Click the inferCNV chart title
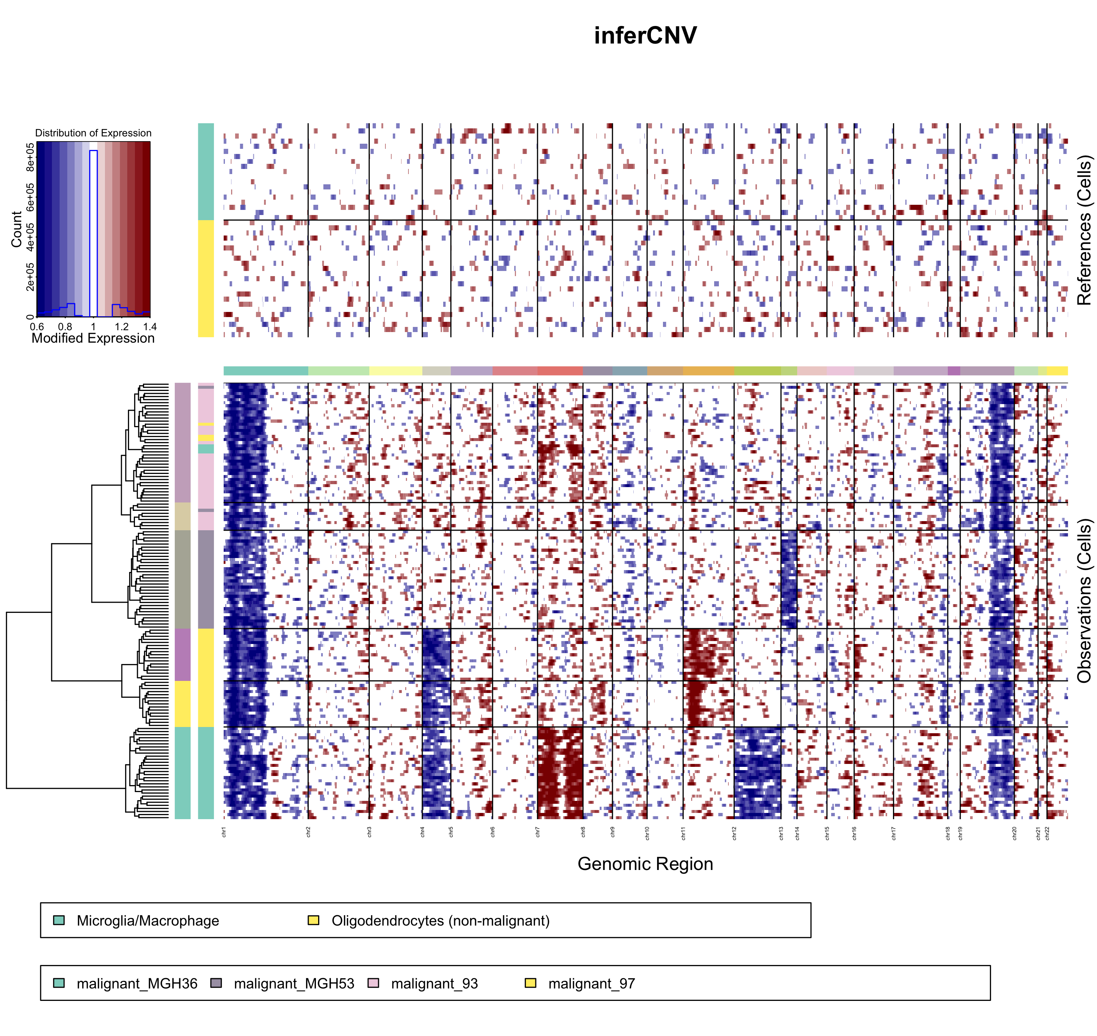[x=645, y=36]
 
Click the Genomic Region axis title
[x=645, y=864]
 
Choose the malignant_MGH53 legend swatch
[x=216, y=983]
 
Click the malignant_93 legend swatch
[x=374, y=983]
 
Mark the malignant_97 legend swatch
[x=531, y=983]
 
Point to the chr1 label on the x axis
[x=223, y=832]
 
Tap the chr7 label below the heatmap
[x=538, y=832]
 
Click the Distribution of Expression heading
[x=93, y=133]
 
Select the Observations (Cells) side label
[x=1084, y=600]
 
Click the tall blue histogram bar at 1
[x=93, y=232]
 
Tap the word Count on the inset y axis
[x=16, y=229]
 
